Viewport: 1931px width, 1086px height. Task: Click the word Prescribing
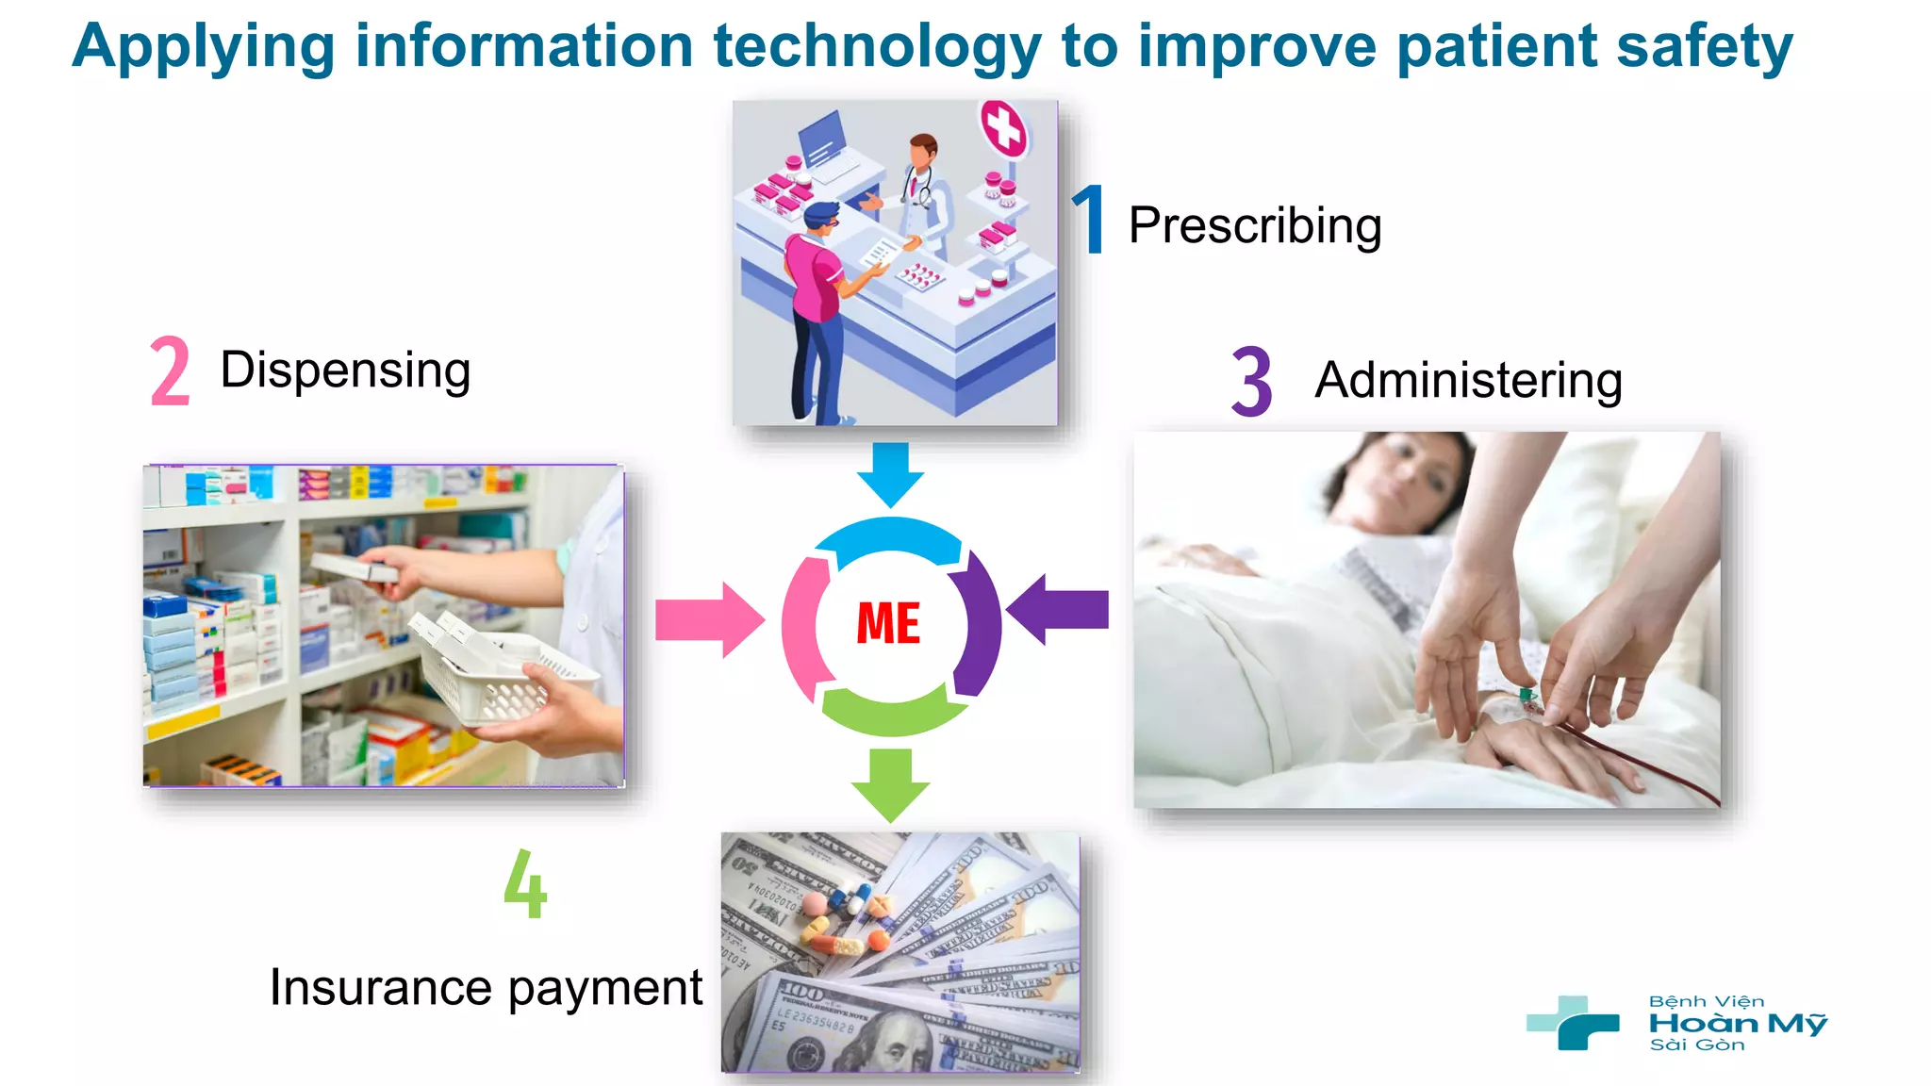tap(1254, 226)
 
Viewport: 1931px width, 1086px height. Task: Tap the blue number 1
tap(1090, 220)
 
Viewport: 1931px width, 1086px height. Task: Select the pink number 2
tap(171, 371)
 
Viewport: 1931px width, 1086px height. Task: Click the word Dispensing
tap(345, 370)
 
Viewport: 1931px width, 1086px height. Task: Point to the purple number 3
tap(1251, 381)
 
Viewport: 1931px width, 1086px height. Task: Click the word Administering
tap(1468, 381)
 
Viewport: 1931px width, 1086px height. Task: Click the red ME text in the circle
tap(888, 624)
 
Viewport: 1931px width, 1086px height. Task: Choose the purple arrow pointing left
tap(1059, 610)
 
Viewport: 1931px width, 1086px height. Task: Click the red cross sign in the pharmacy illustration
tap(1003, 127)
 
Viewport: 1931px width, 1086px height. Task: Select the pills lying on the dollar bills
tap(846, 919)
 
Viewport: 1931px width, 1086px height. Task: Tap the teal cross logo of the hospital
tap(1572, 1023)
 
